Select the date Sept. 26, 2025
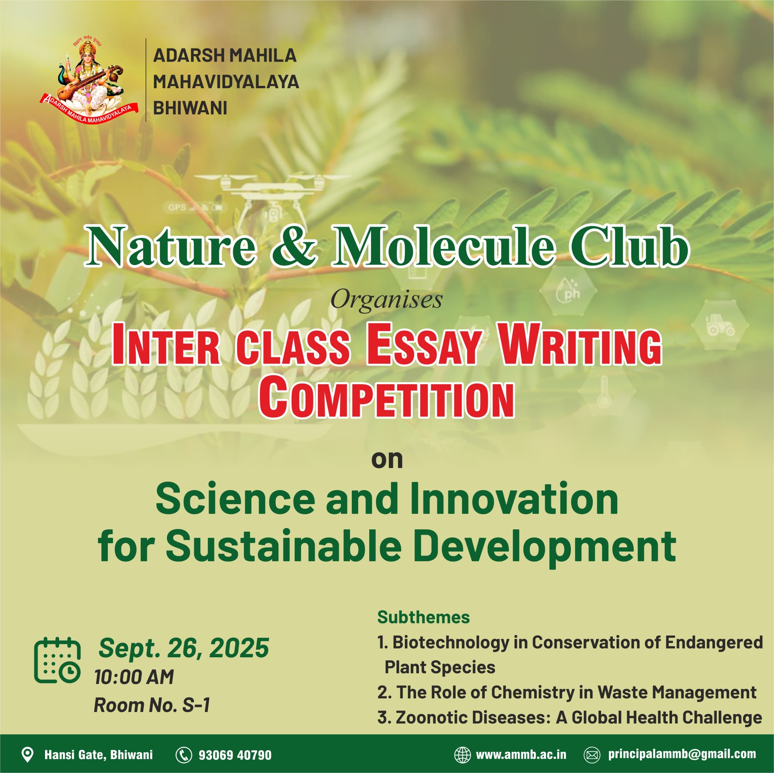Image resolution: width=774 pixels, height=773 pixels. [184, 648]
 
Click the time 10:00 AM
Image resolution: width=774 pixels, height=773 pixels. [134, 677]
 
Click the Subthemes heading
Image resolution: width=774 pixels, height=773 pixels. [424, 617]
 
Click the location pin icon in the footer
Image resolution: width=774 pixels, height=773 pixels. [27, 755]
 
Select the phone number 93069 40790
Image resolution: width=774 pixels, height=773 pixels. [235, 755]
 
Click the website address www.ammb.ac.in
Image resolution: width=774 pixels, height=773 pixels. [521, 755]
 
